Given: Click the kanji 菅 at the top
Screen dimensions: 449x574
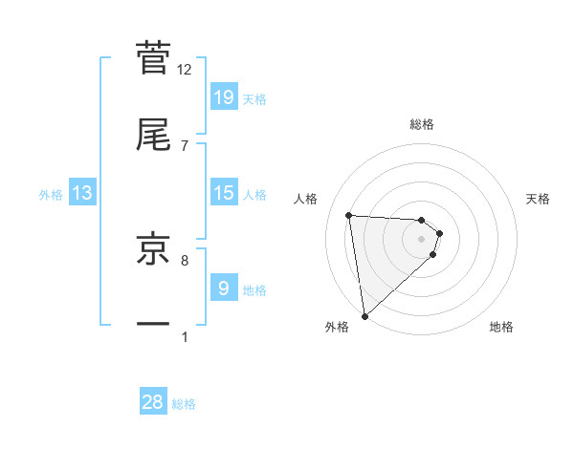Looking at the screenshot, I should tap(153, 56).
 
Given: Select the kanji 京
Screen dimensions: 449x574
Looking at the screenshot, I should tap(153, 247).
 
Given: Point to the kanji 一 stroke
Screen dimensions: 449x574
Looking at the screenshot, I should tap(153, 325).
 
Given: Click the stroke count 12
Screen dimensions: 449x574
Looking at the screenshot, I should tap(185, 69).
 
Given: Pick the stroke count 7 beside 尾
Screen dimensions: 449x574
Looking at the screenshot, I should tap(185, 145).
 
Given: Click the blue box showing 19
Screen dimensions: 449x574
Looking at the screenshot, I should tap(224, 96).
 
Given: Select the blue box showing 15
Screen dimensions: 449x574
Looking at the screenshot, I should tap(224, 193).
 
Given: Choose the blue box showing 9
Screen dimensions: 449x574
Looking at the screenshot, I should tap(224, 288).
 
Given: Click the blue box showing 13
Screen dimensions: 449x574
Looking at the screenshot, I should tap(82, 193).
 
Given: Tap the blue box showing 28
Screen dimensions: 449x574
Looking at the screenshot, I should tap(153, 402).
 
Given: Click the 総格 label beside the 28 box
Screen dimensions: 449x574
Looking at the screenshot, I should tap(184, 404).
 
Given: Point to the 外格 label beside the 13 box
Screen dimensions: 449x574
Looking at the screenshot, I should tap(51, 195).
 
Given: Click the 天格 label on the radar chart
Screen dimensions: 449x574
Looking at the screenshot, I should tap(538, 199).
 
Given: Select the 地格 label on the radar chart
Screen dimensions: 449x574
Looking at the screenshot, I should tap(501, 327).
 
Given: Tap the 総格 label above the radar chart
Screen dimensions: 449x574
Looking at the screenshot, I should tap(422, 124).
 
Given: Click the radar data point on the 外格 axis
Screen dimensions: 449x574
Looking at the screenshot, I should tap(364, 315).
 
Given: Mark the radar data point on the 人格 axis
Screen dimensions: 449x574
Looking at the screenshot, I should tap(349, 215).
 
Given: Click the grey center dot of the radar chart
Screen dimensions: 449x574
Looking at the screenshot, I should tap(421, 239).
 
